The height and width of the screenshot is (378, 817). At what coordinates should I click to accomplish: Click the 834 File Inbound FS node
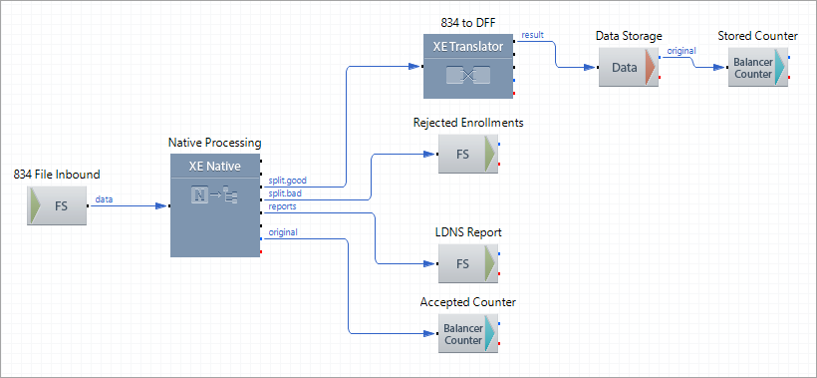57,206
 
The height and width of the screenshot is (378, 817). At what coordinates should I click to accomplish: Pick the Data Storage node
628,68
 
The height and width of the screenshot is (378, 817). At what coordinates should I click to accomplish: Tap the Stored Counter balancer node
757,68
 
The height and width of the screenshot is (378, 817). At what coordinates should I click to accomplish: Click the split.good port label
289,181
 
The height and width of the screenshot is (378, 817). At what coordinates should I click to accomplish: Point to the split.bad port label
287,192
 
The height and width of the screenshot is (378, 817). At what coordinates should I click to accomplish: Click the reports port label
282,206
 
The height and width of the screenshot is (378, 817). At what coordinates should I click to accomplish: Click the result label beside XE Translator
532,35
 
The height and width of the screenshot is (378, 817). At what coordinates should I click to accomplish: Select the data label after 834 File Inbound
104,199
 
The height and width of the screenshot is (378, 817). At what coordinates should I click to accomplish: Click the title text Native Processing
214,144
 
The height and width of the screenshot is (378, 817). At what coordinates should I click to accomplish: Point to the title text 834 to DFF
468,21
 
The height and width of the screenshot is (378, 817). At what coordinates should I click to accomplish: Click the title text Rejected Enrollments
468,123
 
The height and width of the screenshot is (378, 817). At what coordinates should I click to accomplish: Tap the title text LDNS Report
468,232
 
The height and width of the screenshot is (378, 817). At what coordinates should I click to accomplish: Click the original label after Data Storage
681,51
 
